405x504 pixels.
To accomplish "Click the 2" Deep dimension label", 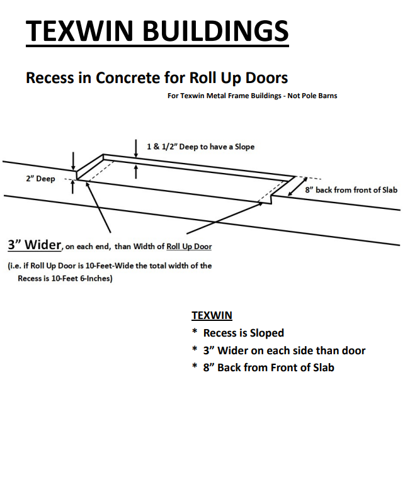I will [x=41, y=179].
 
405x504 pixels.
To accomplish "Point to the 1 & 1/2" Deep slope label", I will [x=200, y=147].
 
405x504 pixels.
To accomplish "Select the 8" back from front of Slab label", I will [x=351, y=190].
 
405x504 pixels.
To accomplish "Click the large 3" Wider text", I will [x=35, y=245].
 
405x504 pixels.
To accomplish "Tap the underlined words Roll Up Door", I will [x=189, y=246].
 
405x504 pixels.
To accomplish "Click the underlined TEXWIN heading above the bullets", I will [x=212, y=315].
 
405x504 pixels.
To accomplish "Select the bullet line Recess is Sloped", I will [x=243, y=333].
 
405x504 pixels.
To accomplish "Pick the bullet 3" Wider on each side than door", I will [x=284, y=350].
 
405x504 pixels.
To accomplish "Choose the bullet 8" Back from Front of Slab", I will [x=268, y=367].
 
